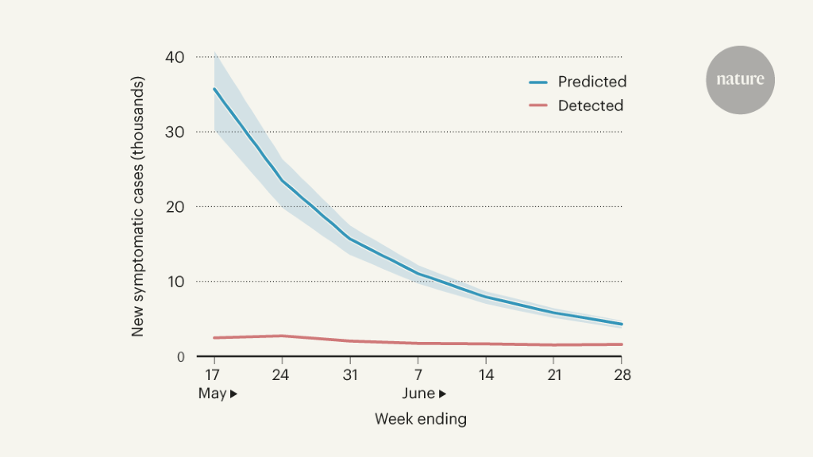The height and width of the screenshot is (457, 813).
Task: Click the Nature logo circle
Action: click(x=740, y=79)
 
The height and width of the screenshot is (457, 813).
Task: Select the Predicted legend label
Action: click(x=591, y=82)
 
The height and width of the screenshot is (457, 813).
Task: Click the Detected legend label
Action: click(x=590, y=106)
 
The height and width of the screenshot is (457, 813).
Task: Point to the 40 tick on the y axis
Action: click(x=175, y=57)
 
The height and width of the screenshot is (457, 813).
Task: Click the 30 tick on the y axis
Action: click(x=175, y=132)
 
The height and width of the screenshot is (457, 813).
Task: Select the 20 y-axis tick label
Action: click(x=175, y=206)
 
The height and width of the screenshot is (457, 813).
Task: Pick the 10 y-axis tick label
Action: click(x=175, y=282)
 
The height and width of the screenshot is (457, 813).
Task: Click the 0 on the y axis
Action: click(x=180, y=357)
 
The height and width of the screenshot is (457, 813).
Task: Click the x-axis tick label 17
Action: click(x=213, y=374)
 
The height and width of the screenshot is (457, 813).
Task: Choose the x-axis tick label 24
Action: click(x=281, y=374)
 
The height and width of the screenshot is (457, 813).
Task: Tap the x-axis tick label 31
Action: click(x=349, y=374)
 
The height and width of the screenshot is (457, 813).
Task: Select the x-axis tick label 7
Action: click(x=418, y=374)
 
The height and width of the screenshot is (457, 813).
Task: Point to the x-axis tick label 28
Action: click(x=622, y=374)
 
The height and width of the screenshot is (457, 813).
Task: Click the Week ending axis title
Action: click(x=420, y=418)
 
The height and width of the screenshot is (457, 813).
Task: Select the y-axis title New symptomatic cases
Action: click(x=138, y=206)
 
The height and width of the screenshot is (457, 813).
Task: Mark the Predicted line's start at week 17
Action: click(x=214, y=88)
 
